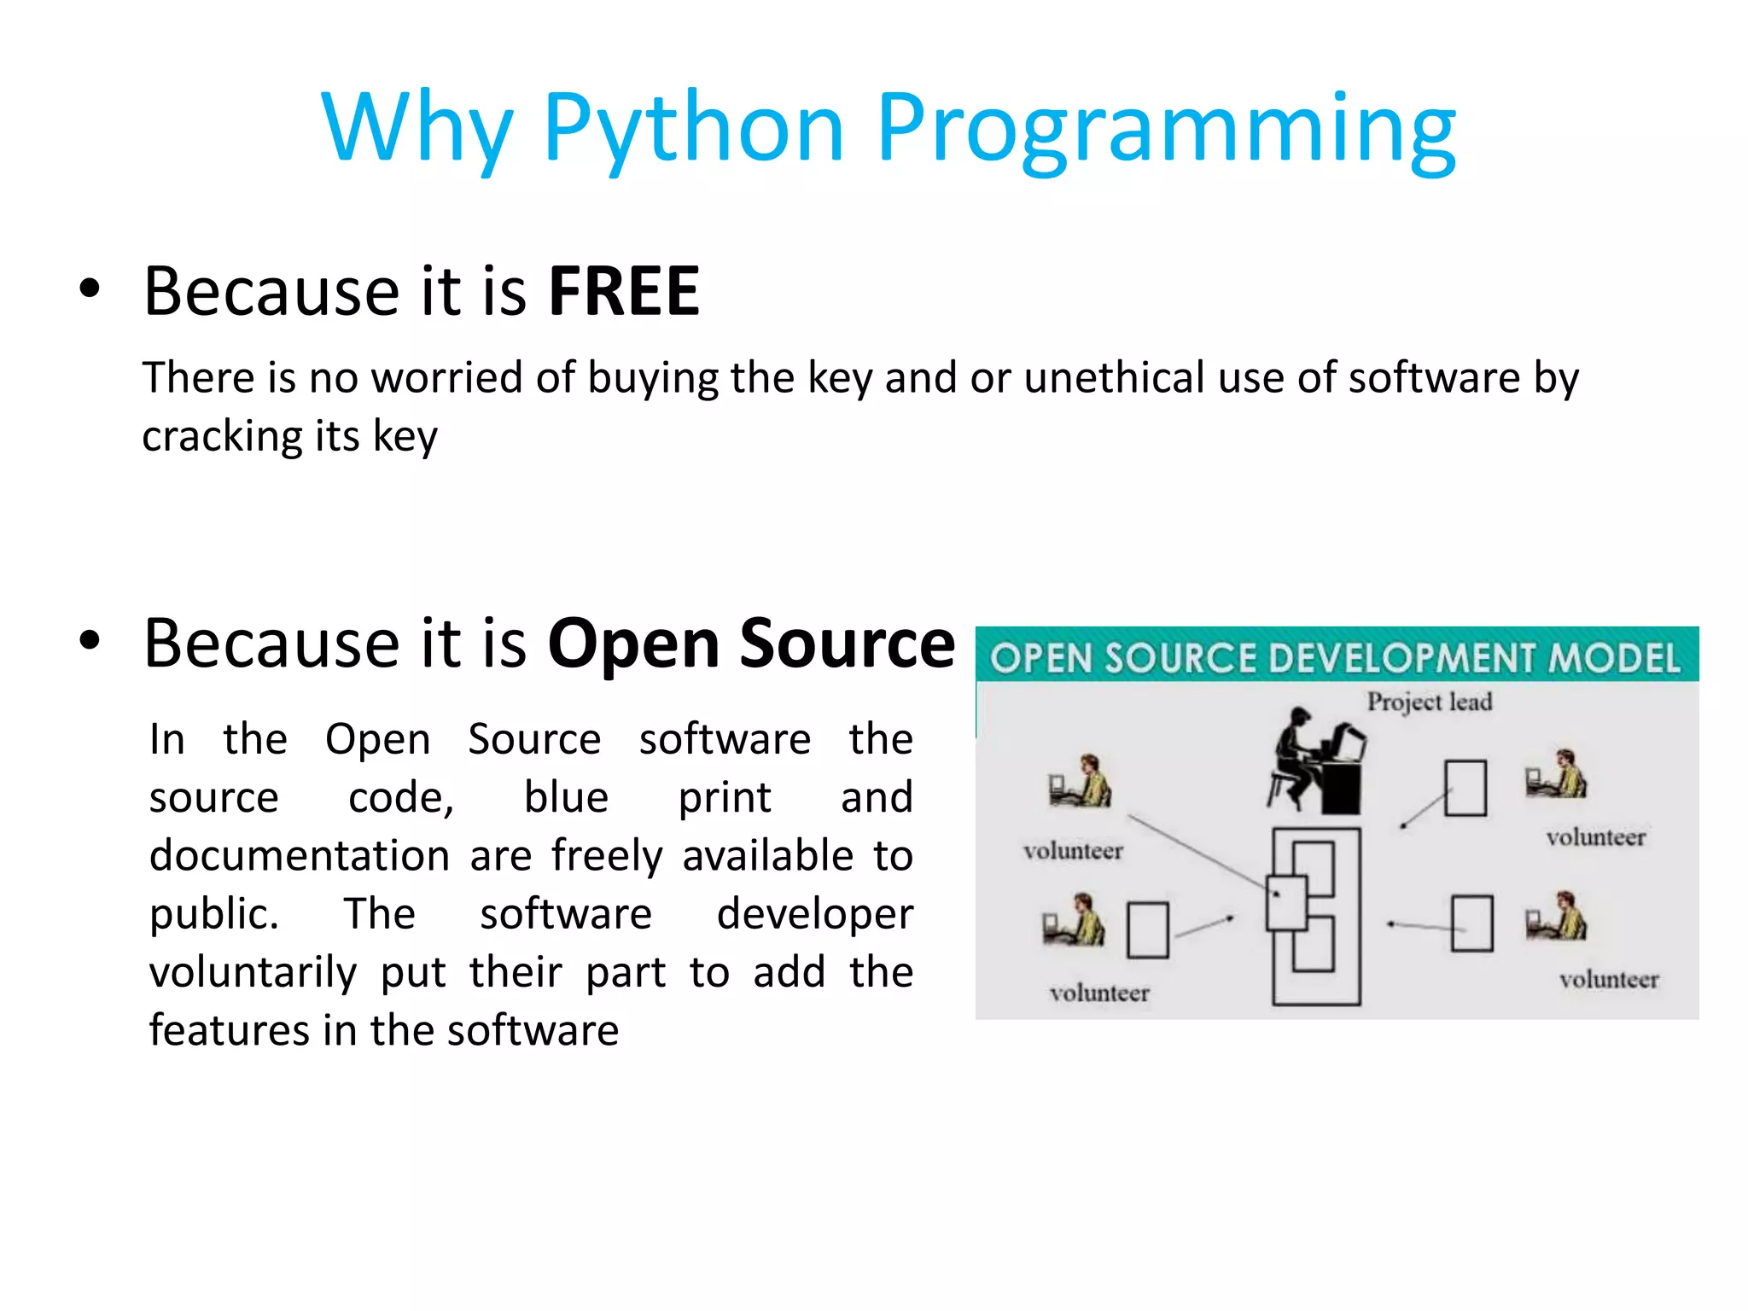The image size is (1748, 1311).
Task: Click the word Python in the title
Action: [693, 128]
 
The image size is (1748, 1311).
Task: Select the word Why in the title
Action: [417, 128]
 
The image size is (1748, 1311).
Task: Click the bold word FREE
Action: [624, 292]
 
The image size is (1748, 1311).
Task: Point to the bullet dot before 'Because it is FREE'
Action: [90, 288]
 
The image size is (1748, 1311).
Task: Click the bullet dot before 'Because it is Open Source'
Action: [90, 640]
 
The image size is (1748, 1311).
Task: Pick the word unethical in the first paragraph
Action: [1114, 377]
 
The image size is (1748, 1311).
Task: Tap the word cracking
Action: [220, 436]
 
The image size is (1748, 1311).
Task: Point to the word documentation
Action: [300, 855]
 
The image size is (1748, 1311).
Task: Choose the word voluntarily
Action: [253, 973]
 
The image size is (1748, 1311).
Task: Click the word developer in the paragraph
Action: [814, 915]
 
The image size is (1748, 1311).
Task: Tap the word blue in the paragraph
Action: [566, 797]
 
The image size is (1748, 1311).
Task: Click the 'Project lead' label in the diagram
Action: [1430, 702]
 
